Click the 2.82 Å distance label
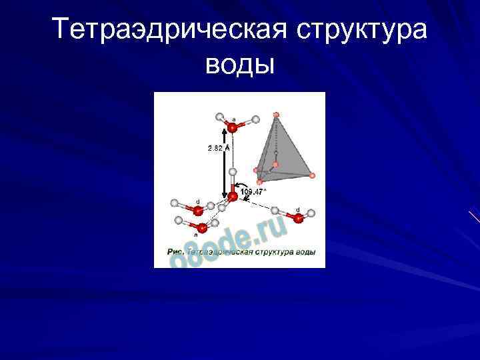[x=219, y=148]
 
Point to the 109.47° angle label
[x=254, y=191]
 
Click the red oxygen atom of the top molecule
[x=232, y=127]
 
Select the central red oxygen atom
[x=233, y=197]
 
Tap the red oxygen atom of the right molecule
[x=298, y=218]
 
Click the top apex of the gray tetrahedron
[x=276, y=115]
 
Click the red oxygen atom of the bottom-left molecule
[x=202, y=228]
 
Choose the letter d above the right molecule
[x=297, y=209]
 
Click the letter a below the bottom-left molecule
[x=196, y=235]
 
